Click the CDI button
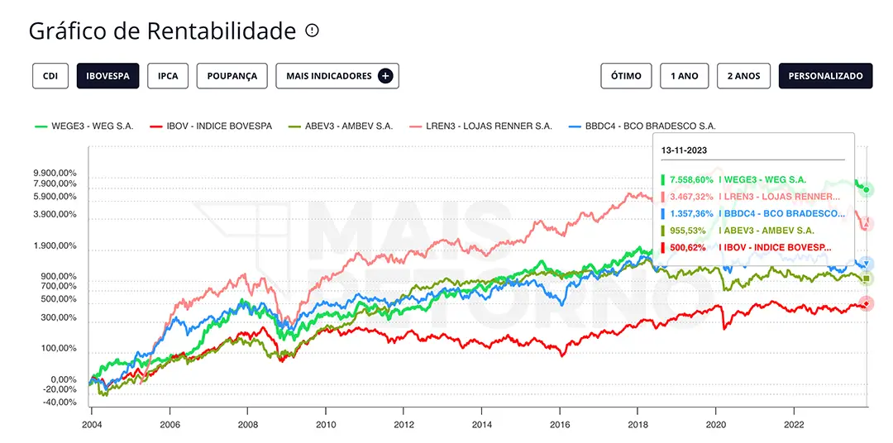coord(50,75)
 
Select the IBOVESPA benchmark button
coord(107,75)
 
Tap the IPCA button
coord(168,75)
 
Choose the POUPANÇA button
coord(232,75)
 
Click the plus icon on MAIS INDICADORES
coord(385,75)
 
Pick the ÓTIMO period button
coord(626,75)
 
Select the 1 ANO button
coord(684,75)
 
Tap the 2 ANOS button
coord(743,75)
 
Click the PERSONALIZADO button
coord(825,75)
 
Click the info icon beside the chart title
coord(312,31)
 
